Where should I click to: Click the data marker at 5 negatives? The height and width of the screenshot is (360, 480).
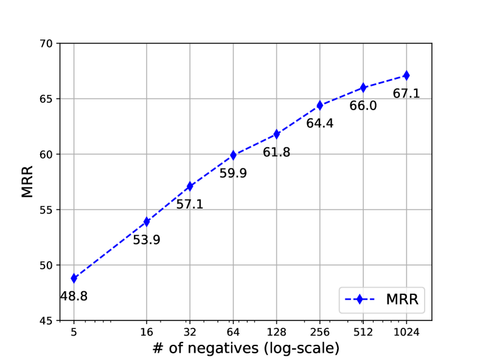[74, 278]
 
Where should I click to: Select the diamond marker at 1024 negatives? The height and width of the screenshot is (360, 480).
[406, 75]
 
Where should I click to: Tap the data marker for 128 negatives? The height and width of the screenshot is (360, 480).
[276, 134]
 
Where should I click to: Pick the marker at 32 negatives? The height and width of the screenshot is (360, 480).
[190, 186]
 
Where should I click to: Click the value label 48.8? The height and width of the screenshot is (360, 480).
[74, 297]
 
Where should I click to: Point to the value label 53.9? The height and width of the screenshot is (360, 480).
[147, 240]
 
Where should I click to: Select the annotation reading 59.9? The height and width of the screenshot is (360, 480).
[233, 173]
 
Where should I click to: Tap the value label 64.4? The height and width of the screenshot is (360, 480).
[319, 123]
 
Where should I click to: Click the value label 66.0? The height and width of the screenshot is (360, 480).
[363, 106]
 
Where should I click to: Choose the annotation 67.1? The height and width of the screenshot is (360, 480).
[406, 94]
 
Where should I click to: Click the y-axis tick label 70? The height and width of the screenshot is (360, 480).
[47, 44]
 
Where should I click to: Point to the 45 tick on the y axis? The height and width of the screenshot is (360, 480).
[47, 320]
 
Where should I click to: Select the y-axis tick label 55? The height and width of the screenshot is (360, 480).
[47, 210]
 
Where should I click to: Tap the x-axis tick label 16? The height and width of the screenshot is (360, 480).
[147, 332]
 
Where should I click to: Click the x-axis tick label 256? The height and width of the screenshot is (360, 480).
[319, 332]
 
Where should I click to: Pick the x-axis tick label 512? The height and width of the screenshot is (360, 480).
[363, 332]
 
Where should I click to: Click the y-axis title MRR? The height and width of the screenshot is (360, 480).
[27, 181]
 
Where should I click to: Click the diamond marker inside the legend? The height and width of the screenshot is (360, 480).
[360, 300]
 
